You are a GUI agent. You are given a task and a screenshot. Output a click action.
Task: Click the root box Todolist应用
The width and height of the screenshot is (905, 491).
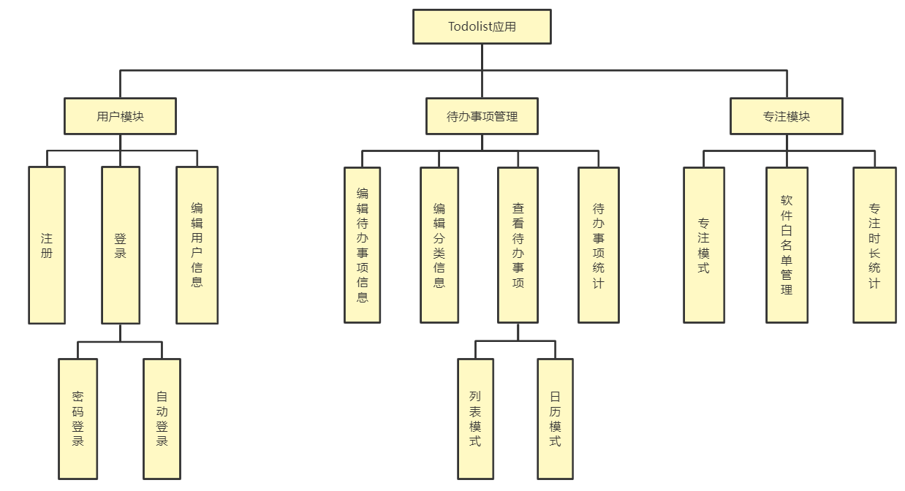tap(482, 27)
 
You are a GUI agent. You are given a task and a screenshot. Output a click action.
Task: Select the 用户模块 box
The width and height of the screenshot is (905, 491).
tap(120, 116)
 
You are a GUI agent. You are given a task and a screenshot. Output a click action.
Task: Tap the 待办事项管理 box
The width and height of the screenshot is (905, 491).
tap(482, 116)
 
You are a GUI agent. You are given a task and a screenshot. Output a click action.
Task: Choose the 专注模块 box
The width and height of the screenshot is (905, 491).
tap(786, 116)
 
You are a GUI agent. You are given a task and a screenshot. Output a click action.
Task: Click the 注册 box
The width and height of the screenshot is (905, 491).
tap(47, 245)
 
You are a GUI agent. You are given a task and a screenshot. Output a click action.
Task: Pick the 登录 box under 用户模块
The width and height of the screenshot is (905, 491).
tap(121, 245)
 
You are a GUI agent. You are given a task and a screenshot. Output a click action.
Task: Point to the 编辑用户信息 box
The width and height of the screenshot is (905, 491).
tap(197, 245)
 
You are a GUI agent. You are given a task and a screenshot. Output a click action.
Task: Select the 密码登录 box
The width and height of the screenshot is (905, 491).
tap(78, 419)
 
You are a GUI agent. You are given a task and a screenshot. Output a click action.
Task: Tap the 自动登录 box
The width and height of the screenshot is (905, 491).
tap(162, 419)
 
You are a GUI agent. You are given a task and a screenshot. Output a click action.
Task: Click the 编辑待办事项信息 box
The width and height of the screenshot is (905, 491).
tap(363, 245)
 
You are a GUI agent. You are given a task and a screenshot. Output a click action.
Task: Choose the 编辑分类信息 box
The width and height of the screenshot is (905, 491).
tap(439, 245)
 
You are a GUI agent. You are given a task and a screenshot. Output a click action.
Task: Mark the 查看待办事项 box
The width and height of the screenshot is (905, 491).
tap(518, 245)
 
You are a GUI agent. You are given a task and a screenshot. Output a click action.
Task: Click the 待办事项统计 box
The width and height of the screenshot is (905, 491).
tap(598, 245)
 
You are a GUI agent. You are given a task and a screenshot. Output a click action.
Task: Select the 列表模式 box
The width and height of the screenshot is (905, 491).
tap(475, 419)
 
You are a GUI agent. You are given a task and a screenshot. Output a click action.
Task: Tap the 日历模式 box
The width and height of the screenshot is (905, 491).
tap(555, 419)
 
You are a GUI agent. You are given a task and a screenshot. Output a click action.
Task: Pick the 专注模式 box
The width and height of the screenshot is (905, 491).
tap(704, 245)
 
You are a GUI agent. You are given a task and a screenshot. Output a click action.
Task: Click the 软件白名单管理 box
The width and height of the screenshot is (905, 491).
tap(787, 245)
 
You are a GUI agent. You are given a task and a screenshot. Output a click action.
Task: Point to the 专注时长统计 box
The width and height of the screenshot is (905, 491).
tap(874, 245)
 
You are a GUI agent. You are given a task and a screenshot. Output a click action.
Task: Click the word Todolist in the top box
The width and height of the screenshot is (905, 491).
tap(470, 27)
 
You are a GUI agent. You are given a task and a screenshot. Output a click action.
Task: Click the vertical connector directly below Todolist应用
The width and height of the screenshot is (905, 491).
tap(482, 57)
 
